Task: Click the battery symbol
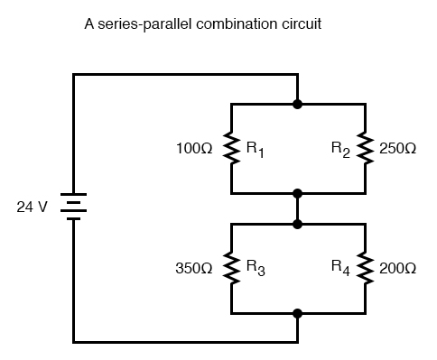(x=73, y=207)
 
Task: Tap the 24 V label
(x=33, y=208)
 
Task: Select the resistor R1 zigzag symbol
(x=232, y=148)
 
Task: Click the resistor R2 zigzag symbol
(x=366, y=148)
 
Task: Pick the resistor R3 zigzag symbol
(x=232, y=268)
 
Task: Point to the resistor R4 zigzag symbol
(x=366, y=268)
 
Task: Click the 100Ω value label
(x=195, y=148)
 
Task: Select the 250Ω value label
(x=399, y=148)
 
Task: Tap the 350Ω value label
(x=195, y=268)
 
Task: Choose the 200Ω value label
(x=399, y=268)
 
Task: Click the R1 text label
(x=257, y=149)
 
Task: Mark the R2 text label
(x=341, y=149)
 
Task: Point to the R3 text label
(x=257, y=269)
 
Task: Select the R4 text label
(x=341, y=269)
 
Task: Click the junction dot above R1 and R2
(x=298, y=104)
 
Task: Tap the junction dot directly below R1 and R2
(x=298, y=193)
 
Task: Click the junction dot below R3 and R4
(x=298, y=313)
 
